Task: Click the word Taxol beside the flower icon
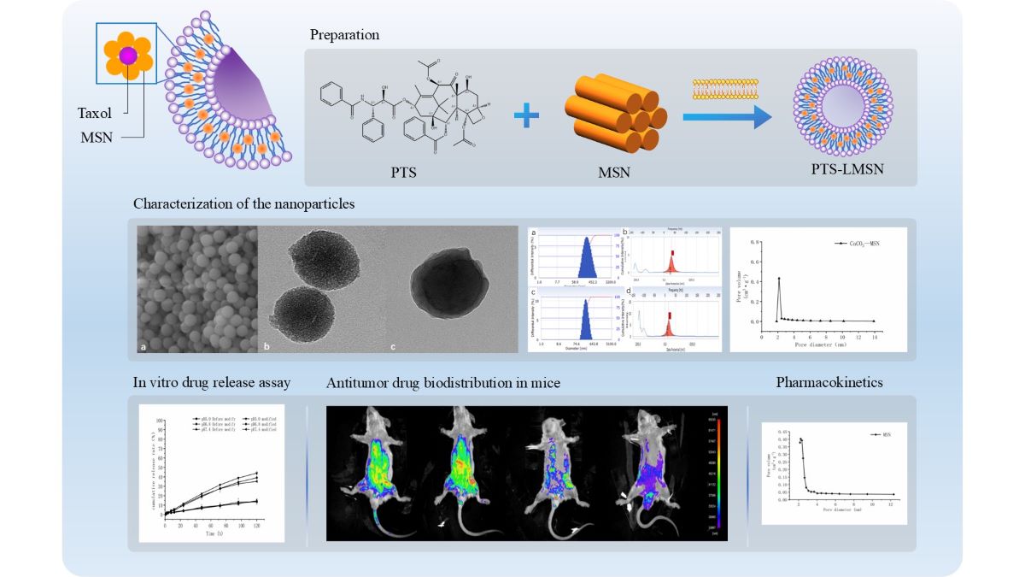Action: tap(94, 112)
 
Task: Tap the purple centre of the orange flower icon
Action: tap(128, 56)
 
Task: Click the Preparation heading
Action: tap(345, 35)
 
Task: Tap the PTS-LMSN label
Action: tap(841, 169)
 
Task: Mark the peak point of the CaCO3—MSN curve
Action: tap(779, 279)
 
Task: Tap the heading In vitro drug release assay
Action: tap(212, 383)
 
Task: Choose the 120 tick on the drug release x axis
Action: tap(256, 527)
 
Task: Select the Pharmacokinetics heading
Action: tap(829, 383)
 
